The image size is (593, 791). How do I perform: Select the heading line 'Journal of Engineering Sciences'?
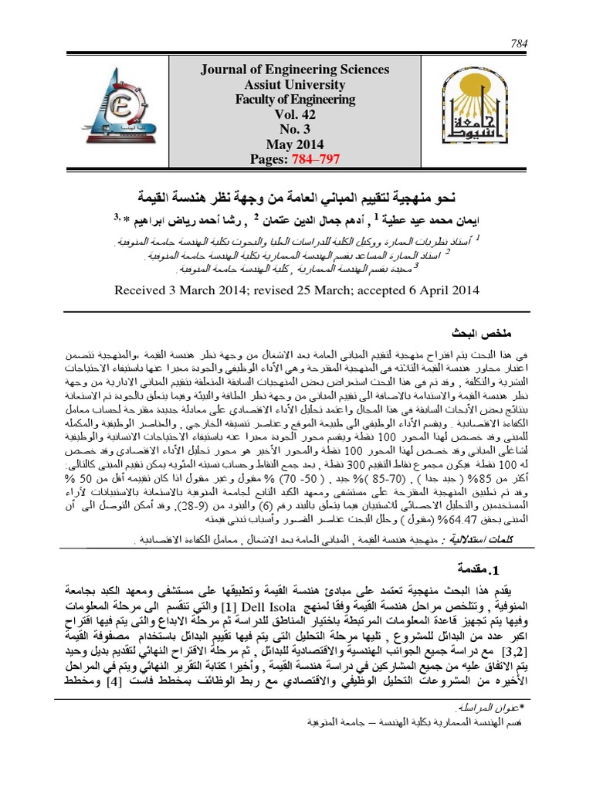point(295,70)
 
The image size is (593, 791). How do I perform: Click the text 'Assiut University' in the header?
point(295,84)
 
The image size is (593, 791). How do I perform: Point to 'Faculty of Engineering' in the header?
point(295,99)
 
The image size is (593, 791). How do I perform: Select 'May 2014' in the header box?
point(295,144)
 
